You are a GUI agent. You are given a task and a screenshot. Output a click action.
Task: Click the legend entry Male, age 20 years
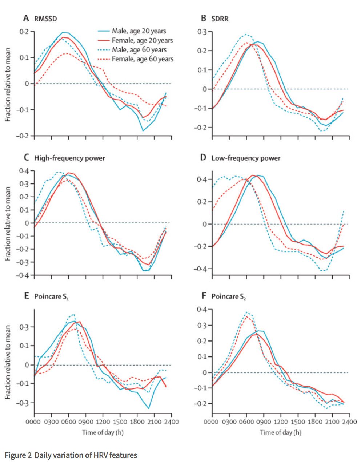[x=139, y=31]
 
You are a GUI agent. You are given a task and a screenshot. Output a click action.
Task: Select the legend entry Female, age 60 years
[x=142, y=59]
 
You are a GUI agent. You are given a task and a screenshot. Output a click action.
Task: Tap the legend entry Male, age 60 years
[x=139, y=49]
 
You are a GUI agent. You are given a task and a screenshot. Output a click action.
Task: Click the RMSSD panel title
[x=45, y=19]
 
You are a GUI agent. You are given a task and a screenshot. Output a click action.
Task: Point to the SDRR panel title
[x=220, y=19]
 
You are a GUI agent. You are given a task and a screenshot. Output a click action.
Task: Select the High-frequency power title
[x=69, y=158]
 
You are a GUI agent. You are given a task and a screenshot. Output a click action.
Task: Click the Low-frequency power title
[x=246, y=158]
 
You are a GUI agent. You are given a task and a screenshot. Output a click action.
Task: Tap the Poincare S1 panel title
[x=51, y=296]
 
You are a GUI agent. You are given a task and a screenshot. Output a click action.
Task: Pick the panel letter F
[x=204, y=296]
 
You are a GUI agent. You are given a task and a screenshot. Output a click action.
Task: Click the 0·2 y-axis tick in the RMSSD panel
[x=24, y=32]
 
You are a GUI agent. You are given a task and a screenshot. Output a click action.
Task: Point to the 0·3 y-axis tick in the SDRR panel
[x=202, y=32]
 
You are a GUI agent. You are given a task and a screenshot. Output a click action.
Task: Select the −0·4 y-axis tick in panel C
[x=23, y=275]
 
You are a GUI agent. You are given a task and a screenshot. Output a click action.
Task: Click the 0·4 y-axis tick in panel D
[x=202, y=179]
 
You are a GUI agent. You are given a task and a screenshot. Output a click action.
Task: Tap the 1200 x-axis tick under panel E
[x=103, y=422]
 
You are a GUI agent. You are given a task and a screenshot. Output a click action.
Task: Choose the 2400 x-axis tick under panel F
[x=349, y=422]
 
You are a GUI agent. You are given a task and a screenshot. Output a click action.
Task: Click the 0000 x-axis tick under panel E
[x=34, y=422]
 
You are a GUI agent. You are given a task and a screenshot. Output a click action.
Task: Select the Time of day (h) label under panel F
[x=280, y=432]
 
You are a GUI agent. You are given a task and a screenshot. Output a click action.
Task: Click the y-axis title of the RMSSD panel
[x=8, y=84]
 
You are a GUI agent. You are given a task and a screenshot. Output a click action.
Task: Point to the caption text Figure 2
[x=18, y=455]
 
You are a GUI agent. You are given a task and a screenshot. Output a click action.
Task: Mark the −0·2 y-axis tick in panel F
[x=201, y=404]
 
